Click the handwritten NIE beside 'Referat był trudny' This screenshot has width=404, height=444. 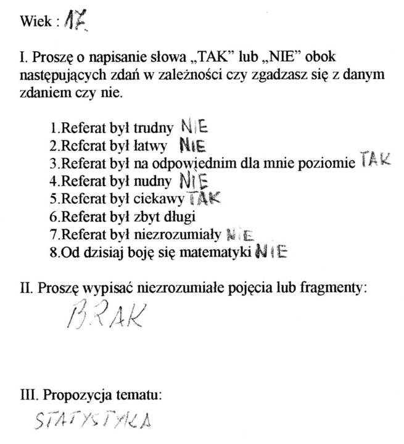pos(195,127)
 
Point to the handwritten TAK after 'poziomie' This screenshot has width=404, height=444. pos(375,162)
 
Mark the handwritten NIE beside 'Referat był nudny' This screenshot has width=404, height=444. pos(194,181)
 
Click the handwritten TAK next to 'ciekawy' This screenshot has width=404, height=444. pos(203,199)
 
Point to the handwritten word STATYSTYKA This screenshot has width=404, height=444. pos(93,422)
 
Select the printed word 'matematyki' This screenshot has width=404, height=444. pos(221,253)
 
